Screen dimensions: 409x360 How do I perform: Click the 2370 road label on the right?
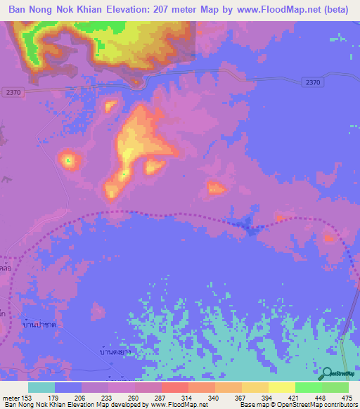314,82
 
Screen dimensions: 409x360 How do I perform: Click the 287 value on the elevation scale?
161,397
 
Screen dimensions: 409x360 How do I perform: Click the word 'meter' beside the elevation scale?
11,397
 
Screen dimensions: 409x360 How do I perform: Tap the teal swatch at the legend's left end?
41,387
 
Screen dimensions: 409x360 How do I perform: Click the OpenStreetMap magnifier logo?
328,372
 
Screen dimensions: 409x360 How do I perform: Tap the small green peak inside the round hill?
68,161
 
